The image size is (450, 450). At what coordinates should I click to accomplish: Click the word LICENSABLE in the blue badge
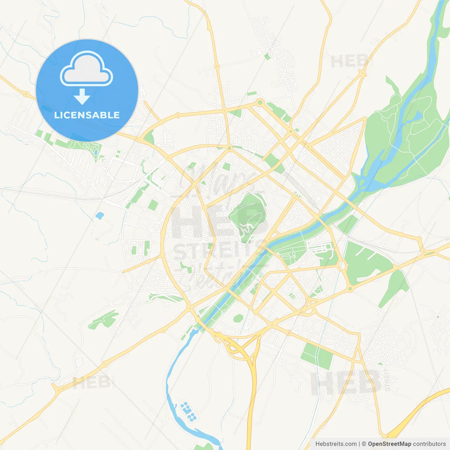click(x=87, y=115)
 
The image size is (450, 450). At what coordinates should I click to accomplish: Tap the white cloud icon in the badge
click(x=86, y=70)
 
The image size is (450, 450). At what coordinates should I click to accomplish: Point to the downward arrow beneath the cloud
click(x=82, y=97)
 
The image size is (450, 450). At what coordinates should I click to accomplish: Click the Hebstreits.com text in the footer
click(x=336, y=444)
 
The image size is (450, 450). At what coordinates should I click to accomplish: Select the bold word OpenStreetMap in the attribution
click(x=389, y=444)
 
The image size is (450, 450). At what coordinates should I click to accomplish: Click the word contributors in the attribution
click(x=429, y=444)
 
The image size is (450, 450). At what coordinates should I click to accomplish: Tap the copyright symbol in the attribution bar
click(x=364, y=444)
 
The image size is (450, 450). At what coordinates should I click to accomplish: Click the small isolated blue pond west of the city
click(x=99, y=215)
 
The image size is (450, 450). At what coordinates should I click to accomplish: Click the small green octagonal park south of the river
click(x=238, y=318)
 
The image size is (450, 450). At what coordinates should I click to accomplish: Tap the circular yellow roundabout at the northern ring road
click(x=260, y=102)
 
